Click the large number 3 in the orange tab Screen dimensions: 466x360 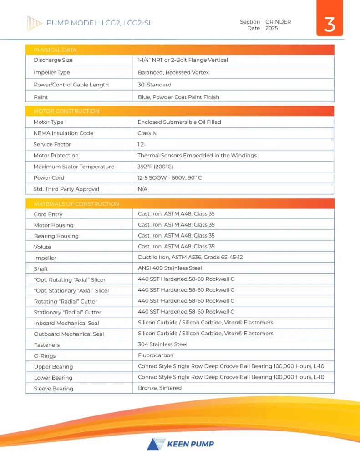coord(329,25)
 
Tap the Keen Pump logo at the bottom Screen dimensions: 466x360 coord(180,444)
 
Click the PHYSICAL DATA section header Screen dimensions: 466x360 coord(55,50)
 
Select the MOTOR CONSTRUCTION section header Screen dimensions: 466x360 coord(66,111)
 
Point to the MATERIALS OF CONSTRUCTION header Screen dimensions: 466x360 coord(76,204)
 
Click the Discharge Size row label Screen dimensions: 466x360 coord(53,60)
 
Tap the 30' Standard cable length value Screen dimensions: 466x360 coord(154,85)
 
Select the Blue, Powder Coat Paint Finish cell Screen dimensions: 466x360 coord(178,97)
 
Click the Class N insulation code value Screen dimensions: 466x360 coord(147,133)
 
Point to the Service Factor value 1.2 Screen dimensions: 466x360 coord(141,144)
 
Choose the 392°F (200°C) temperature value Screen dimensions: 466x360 coord(155,167)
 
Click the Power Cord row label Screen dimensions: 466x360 coord(49,177)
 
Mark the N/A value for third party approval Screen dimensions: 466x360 coord(142,189)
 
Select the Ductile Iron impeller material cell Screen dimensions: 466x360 coord(190,257)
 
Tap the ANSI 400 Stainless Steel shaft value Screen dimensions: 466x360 coord(170,268)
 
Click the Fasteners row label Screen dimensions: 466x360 coord(47,345)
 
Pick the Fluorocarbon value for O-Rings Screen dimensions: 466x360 coord(156,355)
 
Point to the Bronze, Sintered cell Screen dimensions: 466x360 coord(160,388)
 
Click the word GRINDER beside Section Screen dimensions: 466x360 coord(278,22)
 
